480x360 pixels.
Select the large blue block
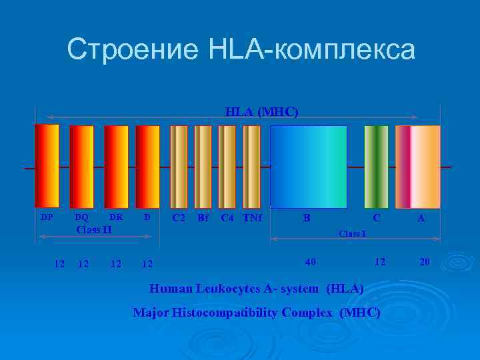[x=308, y=166]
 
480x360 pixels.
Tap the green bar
[x=376, y=166]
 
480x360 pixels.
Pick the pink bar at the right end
[x=418, y=166]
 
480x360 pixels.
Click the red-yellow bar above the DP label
[x=47, y=165]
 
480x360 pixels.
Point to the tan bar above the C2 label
[x=179, y=166]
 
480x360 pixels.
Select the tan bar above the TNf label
[x=251, y=166]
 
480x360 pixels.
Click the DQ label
[x=81, y=217]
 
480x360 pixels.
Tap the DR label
[x=116, y=217]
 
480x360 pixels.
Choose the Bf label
[x=203, y=217]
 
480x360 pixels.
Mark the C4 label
[x=227, y=217]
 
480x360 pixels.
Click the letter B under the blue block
[x=307, y=217]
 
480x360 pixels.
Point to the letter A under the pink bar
[x=421, y=217]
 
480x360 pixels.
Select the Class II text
[x=94, y=230]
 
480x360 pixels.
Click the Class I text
[x=351, y=234]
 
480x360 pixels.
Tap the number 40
[x=311, y=262]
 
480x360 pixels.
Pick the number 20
[x=425, y=262]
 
